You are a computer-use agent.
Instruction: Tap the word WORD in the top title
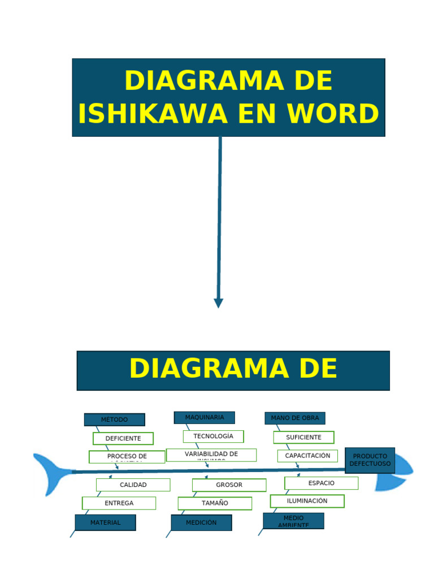pyautogui.click(x=332, y=114)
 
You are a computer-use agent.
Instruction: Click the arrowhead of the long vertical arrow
pyautogui.click(x=219, y=303)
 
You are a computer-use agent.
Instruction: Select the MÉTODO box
pyautogui.click(x=115, y=420)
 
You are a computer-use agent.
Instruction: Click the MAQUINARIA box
pyautogui.click(x=205, y=417)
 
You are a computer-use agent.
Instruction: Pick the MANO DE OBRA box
pyautogui.click(x=295, y=418)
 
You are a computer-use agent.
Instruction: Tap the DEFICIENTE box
pyautogui.click(x=123, y=438)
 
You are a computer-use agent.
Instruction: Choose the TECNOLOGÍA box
pyautogui.click(x=213, y=436)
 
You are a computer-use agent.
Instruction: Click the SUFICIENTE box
pyautogui.click(x=303, y=437)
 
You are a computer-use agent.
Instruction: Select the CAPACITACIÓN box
pyautogui.click(x=307, y=456)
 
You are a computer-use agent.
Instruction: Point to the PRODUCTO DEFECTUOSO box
pyautogui.click(x=370, y=460)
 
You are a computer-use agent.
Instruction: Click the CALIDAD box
pyautogui.click(x=133, y=485)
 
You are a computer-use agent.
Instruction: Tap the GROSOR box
pyautogui.click(x=229, y=485)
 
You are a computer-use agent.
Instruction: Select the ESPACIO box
pyautogui.click(x=321, y=483)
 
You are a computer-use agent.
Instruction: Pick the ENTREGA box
pyautogui.click(x=119, y=503)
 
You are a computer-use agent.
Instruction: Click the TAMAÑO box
pyautogui.click(x=215, y=503)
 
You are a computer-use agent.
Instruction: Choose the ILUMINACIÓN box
pyautogui.click(x=307, y=501)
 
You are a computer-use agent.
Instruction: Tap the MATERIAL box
pyautogui.click(x=106, y=522)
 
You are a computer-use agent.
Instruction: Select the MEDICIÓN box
pyautogui.click(x=201, y=522)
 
